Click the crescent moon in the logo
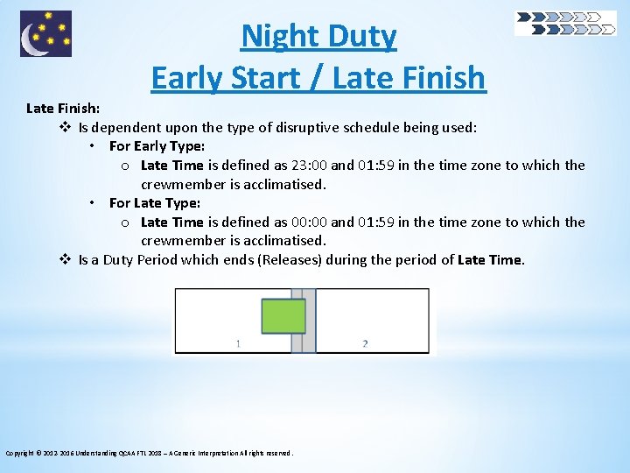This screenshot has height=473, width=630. (34, 37)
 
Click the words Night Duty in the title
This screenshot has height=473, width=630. (318, 37)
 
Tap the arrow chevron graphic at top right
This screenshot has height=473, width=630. (565, 23)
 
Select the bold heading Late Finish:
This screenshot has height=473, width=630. (63, 109)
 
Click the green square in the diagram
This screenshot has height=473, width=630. (283, 316)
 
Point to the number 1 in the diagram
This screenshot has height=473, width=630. (238, 343)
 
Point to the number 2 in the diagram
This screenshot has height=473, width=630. (365, 343)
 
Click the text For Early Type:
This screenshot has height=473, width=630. (157, 146)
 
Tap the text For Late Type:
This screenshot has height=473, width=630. (155, 203)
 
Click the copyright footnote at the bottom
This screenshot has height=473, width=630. (150, 453)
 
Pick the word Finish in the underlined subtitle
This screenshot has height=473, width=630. (441, 77)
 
